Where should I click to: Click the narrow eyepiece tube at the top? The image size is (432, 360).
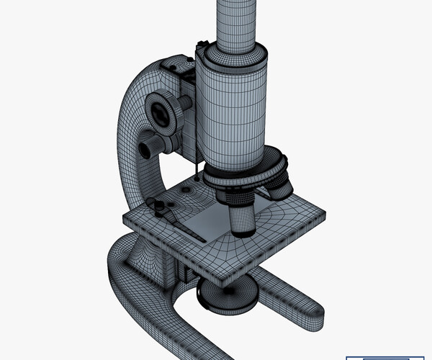click(236, 22)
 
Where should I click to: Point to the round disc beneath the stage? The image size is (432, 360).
click(228, 294)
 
